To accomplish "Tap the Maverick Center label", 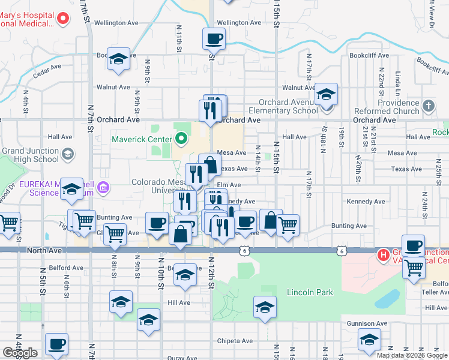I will click(x=142, y=140).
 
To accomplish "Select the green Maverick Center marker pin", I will click(x=181, y=140).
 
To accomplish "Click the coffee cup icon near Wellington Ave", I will click(x=214, y=40).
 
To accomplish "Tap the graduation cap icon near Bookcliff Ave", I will click(x=118, y=59).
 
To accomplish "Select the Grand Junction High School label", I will click(x=30, y=154).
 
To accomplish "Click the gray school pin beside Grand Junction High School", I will click(x=68, y=154).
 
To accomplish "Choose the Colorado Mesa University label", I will click(x=159, y=187).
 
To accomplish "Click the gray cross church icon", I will click(x=428, y=106).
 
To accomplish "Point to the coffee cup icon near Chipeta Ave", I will click(x=56, y=344).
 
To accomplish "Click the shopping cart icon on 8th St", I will click(x=115, y=233).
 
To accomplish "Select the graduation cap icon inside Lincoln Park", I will click(x=264, y=308).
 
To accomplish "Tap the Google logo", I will click(x=20, y=353).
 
